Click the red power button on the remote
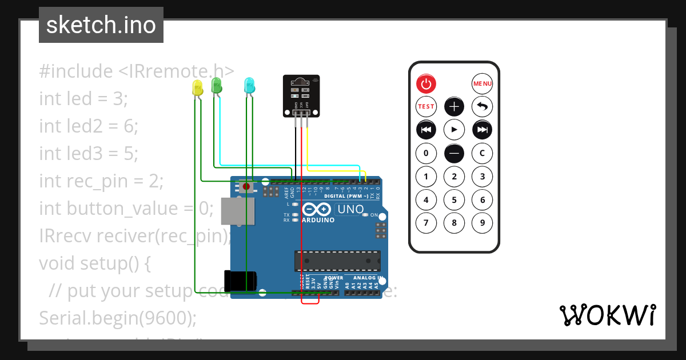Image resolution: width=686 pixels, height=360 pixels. coord(426,84)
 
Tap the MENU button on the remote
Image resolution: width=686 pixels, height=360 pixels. coord(482,84)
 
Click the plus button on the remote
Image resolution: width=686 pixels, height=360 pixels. coord(454,106)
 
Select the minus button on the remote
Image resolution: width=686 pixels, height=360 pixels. coord(454,153)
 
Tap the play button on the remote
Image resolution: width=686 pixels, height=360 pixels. coord(454,130)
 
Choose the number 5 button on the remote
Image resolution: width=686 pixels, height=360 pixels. coord(454,200)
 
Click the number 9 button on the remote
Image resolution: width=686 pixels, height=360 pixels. coord(482,223)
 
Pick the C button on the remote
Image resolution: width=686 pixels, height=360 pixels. coord(482,153)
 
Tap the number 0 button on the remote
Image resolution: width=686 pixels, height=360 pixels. coord(426,153)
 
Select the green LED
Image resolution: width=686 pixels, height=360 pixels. coord(217,86)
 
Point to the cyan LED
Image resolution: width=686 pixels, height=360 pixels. coord(249,86)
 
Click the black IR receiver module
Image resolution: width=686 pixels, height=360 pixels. coord(301,96)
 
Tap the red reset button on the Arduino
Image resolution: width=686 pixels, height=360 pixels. coord(246,186)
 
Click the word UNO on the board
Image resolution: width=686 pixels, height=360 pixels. coord(350,209)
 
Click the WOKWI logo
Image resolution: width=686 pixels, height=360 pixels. coord(608,315)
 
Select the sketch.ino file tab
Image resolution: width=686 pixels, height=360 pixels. coord(101,25)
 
